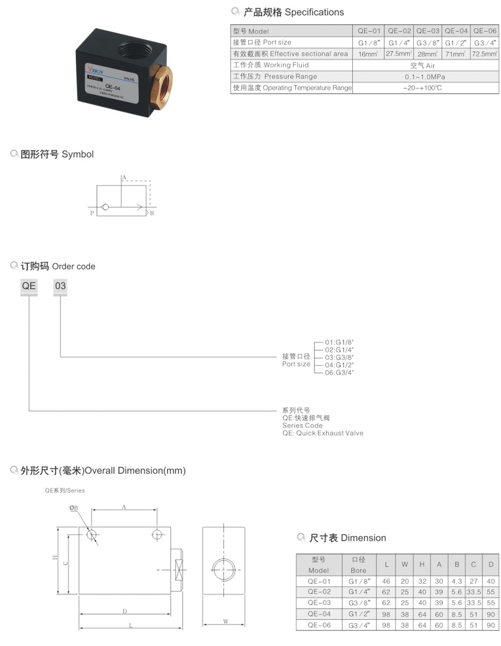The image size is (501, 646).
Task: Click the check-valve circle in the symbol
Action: pyautogui.click(x=105, y=207)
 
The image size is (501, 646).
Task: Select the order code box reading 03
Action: pyautogui.click(x=60, y=286)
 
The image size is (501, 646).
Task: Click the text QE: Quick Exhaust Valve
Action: pyautogui.click(x=322, y=433)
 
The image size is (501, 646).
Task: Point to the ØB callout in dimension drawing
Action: pyautogui.click(x=73, y=507)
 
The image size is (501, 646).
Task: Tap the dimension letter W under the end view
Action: pyautogui.click(x=224, y=621)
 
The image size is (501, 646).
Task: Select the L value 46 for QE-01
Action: pyautogui.click(x=387, y=581)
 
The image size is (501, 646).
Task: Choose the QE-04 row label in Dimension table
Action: pyautogui.click(x=319, y=615)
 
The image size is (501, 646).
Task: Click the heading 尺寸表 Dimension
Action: pyautogui.click(x=347, y=538)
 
